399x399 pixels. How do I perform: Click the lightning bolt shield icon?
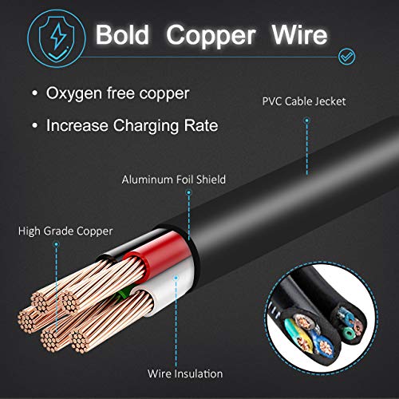(57, 38)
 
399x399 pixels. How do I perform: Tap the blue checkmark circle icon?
(346, 57)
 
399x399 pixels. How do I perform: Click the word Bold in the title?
(122, 34)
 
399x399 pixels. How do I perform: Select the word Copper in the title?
(211, 36)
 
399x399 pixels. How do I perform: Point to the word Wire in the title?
(299, 34)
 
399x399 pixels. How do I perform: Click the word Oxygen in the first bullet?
(74, 94)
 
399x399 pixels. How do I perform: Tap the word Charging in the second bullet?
(146, 126)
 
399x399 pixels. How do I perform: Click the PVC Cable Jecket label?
(304, 101)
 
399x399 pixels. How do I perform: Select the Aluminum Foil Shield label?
(174, 180)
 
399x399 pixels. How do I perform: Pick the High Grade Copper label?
(65, 231)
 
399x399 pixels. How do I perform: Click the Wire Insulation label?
(185, 373)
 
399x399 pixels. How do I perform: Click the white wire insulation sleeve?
(170, 289)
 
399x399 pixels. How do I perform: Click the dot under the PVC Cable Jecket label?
(306, 120)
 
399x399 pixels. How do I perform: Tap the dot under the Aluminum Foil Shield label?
(188, 192)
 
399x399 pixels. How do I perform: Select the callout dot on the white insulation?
(176, 278)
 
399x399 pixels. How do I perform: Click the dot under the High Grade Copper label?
(56, 244)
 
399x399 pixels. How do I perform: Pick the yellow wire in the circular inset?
(306, 337)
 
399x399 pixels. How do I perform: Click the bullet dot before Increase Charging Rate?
(34, 125)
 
